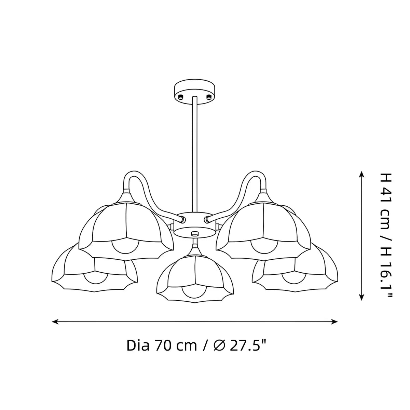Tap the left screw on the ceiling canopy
(181, 97)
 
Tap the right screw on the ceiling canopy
(208, 97)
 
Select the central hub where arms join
(195, 224)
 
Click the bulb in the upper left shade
(125, 247)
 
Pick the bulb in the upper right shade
(264, 247)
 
